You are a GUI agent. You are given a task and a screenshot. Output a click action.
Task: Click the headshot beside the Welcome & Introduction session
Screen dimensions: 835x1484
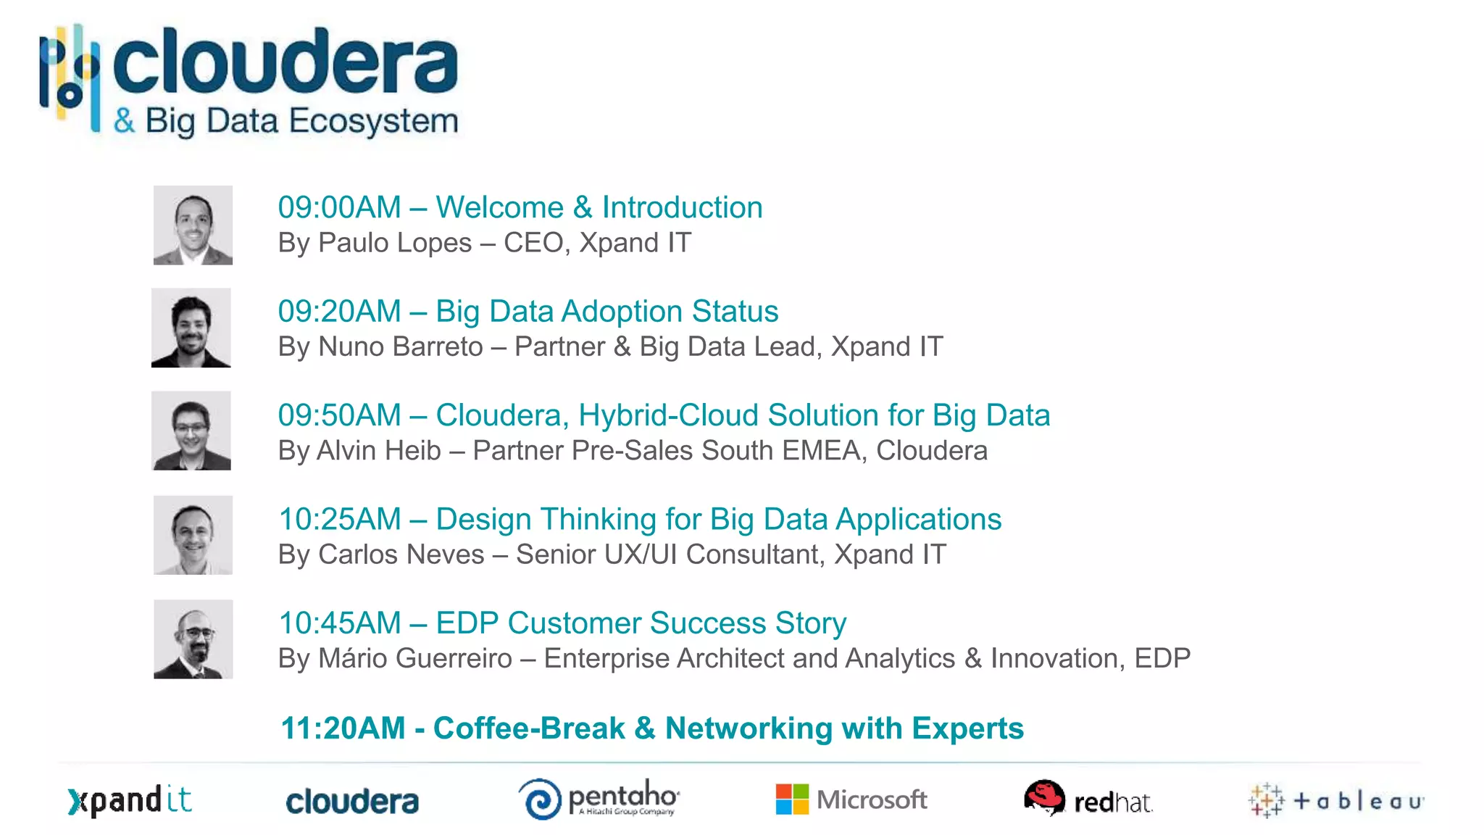193,225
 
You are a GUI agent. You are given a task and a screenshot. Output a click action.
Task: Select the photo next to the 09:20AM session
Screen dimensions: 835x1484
191,328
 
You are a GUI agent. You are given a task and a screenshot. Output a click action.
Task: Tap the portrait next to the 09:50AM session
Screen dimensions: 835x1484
191,431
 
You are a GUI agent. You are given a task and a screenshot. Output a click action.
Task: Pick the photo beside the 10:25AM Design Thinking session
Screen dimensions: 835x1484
193,535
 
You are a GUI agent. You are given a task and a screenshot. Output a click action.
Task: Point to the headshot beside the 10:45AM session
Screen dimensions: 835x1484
193,639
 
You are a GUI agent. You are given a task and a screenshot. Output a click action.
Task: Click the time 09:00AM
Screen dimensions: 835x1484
339,208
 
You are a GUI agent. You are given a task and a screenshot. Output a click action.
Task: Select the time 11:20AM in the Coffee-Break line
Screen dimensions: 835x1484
343,728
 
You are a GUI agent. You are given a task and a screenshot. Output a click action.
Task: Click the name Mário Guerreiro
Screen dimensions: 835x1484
415,659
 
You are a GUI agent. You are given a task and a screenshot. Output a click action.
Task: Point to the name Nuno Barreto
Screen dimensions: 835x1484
401,346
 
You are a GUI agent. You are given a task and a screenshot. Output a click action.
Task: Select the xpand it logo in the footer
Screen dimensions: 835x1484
130,801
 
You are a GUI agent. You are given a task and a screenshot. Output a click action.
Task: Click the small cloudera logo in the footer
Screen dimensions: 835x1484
352,802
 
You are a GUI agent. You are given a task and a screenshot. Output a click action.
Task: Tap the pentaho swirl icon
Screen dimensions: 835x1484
540,799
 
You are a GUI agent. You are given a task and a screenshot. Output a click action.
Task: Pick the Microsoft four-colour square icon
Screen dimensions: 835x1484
791,799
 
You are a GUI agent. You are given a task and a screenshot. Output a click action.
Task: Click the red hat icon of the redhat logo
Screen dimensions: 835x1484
1044,797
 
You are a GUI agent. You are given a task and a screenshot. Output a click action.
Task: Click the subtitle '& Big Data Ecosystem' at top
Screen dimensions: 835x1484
286,121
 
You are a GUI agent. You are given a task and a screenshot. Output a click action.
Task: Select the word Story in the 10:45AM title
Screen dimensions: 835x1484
810,623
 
